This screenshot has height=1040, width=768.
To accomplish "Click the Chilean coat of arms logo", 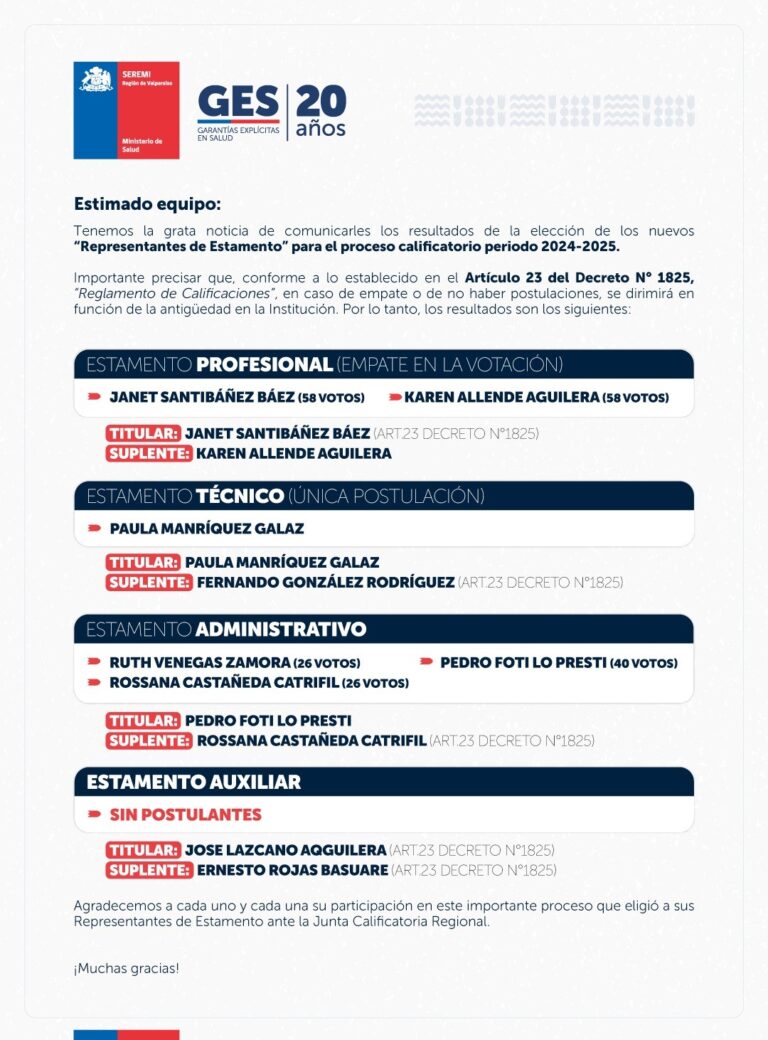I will click(97, 81).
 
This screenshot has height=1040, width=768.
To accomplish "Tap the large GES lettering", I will click(239, 102).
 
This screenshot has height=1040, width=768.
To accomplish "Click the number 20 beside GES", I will click(321, 101).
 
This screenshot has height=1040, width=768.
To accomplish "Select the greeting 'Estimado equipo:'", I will click(147, 204).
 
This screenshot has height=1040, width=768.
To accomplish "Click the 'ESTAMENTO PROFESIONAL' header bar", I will click(383, 364).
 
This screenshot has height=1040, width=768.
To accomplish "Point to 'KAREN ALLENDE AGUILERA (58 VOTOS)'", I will click(536, 397).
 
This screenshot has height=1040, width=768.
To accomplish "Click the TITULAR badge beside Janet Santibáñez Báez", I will click(143, 434).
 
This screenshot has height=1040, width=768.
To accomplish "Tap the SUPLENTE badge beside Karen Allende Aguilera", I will click(149, 453).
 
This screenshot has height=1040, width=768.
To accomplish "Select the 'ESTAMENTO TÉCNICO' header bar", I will click(383, 496).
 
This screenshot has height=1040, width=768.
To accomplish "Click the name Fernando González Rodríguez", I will click(325, 582).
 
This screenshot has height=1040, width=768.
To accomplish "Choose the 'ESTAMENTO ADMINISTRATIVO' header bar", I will click(383, 629).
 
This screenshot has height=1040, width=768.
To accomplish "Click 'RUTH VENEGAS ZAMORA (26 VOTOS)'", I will click(234, 663).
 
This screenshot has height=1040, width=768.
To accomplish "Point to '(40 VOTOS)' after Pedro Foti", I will click(644, 663).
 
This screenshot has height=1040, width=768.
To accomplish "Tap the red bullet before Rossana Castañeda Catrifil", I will click(94, 683).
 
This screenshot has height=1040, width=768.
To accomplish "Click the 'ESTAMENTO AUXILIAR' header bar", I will click(383, 782).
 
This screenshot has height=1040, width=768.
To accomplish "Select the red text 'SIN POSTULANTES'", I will click(185, 815).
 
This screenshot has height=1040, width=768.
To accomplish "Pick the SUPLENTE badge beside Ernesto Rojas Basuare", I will click(149, 870).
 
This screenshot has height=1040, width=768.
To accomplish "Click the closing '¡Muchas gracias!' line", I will click(126, 969).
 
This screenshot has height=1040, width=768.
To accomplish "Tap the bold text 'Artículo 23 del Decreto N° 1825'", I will click(578, 276).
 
